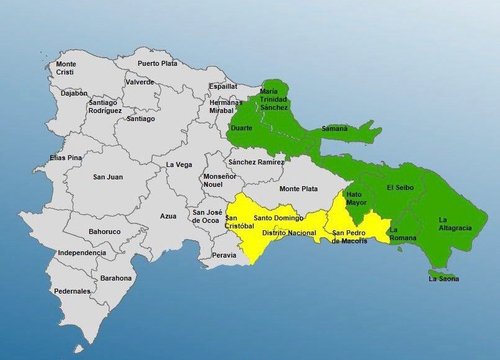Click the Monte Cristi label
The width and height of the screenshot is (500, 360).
pos(65,68)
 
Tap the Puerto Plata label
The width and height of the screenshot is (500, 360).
pos(158,63)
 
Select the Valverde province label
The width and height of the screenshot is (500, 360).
pos(140,82)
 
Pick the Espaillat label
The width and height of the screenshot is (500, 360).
pos(223,86)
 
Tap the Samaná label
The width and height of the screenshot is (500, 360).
pos(334,129)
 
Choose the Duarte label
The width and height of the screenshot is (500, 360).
pos(241,128)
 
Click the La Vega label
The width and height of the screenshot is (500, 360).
pos(179,164)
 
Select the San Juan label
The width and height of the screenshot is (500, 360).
pos(108,177)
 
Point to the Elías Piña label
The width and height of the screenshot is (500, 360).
pos(66,158)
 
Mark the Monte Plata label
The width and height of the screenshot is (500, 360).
pos(298,189)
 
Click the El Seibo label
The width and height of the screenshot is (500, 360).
pos(400,187)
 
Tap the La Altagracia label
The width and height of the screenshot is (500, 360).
pos(455,224)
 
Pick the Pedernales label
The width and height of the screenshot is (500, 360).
pos(72,291)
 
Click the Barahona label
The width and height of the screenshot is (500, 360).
pos(116,278)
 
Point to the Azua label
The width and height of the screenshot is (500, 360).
pos(168,216)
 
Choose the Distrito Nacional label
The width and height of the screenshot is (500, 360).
pos(289,233)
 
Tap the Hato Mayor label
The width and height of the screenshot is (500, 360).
pos(357,199)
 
